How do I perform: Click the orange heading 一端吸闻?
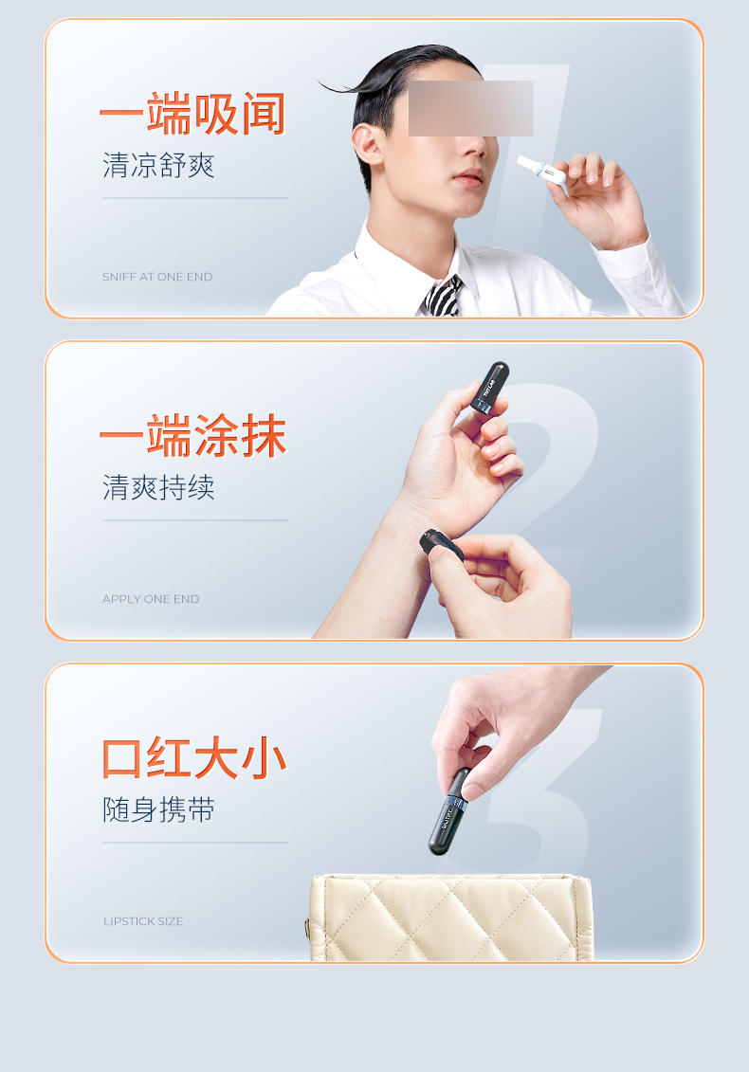(x=192, y=114)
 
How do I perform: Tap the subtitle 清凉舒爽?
(x=158, y=166)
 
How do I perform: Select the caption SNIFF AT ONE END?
(x=157, y=277)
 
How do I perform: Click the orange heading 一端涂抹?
(x=192, y=435)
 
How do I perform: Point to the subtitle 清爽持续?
(x=158, y=487)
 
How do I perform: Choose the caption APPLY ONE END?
(x=151, y=599)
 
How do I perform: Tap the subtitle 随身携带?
(x=158, y=809)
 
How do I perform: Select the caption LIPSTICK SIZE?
(x=143, y=921)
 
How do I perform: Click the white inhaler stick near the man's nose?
(x=541, y=171)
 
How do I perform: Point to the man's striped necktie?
(x=444, y=296)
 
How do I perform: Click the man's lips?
(x=468, y=177)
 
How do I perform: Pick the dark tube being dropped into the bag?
(x=449, y=811)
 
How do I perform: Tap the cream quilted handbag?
(x=448, y=918)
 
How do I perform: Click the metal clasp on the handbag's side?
(x=307, y=929)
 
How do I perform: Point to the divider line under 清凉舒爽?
(x=195, y=198)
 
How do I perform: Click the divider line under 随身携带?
(x=195, y=843)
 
